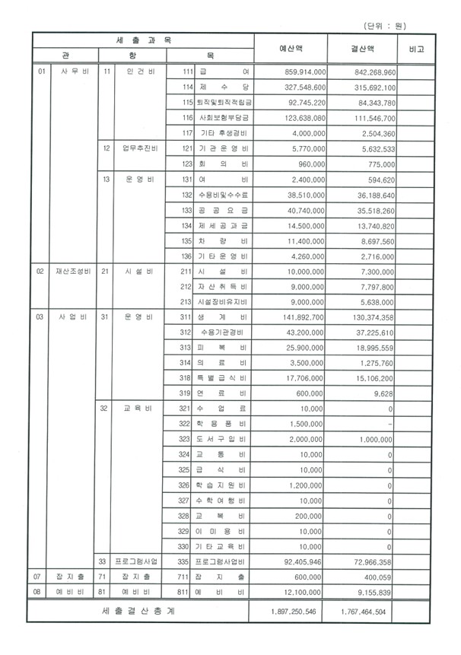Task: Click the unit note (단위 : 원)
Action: coord(405,24)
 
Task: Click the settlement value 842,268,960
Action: coord(364,72)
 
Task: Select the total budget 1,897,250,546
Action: coord(296,611)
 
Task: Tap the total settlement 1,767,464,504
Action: coord(364,611)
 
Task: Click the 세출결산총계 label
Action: coord(140,611)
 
